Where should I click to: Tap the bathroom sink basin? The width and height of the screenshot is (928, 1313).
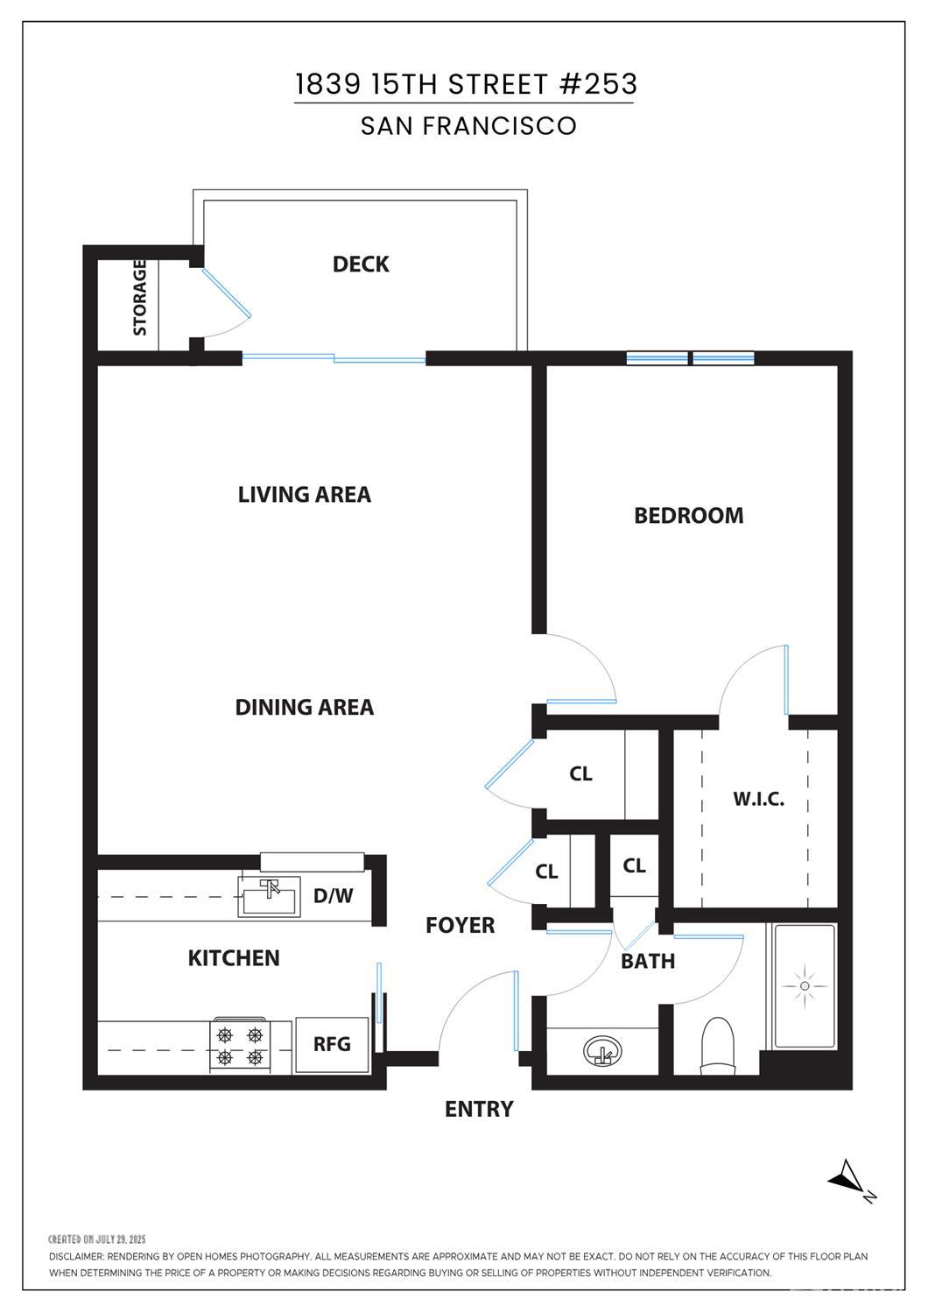tap(602, 1050)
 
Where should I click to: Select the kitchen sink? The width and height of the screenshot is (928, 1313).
tap(270, 897)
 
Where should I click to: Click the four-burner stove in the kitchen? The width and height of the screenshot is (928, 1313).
tap(239, 1046)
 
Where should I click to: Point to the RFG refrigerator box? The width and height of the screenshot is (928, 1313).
tap(332, 1044)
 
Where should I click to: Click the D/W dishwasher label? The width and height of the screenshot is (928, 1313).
tap(333, 895)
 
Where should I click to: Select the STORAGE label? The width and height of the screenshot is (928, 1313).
tap(140, 298)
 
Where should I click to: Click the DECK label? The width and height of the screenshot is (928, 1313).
tap(361, 265)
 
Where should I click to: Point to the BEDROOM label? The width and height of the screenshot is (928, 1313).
tap(689, 515)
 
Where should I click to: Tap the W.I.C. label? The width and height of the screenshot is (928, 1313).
tap(758, 799)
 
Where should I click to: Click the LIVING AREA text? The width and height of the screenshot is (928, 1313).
tap(305, 494)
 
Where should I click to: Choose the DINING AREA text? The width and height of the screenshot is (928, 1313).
tap(305, 707)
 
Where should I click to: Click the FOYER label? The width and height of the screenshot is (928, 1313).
tap(460, 925)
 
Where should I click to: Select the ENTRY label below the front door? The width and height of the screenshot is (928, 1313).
tap(479, 1109)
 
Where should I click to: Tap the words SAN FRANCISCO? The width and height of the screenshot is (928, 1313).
tap(468, 126)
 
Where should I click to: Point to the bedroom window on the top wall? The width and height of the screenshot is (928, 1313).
tap(690, 357)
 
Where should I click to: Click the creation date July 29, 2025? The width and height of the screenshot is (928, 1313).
tap(97, 1239)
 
